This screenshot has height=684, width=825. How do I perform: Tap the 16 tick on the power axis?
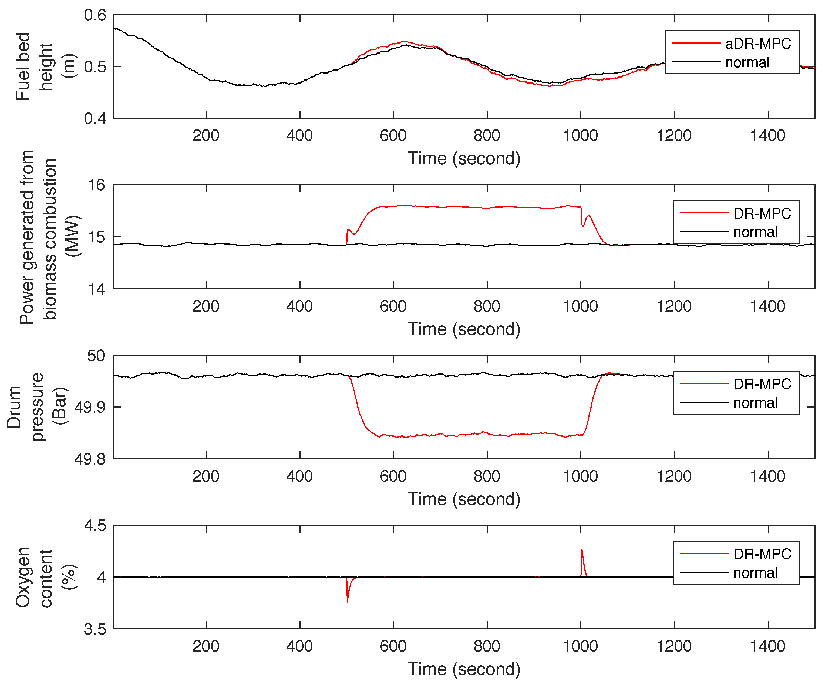point(96,185)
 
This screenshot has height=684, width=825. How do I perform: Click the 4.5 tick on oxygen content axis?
point(95,526)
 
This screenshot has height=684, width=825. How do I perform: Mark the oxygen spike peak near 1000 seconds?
point(581,550)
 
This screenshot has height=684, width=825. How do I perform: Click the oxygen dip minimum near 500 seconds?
point(347,602)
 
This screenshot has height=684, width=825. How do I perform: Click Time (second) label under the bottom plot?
point(464,669)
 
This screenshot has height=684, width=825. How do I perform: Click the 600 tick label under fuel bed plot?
point(393,136)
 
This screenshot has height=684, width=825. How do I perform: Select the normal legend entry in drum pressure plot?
point(755,403)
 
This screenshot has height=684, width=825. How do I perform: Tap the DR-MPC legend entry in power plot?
point(762,213)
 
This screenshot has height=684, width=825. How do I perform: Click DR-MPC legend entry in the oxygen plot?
point(762,554)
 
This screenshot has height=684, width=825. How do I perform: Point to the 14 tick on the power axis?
point(96,289)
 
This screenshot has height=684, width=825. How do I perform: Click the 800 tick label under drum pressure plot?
point(486,476)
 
